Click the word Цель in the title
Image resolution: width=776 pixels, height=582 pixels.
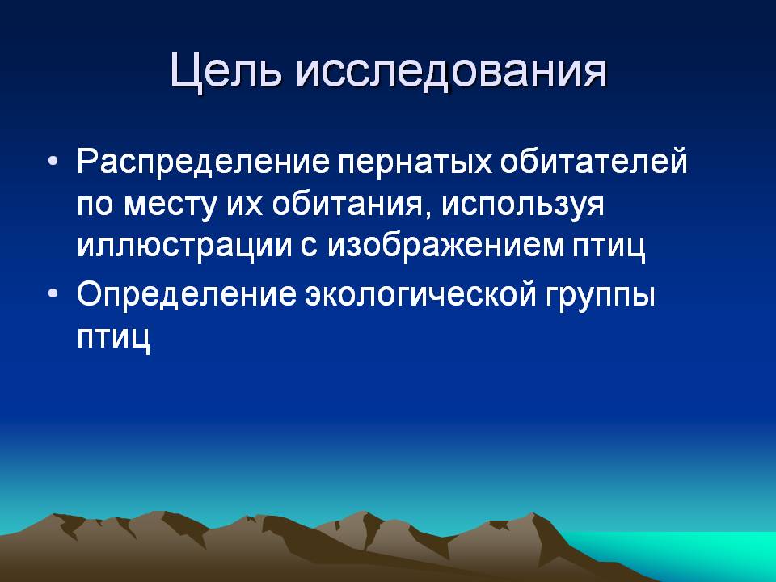tap(226, 70)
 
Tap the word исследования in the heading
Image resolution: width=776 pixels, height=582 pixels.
tap(452, 72)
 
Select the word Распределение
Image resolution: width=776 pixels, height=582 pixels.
tap(204, 162)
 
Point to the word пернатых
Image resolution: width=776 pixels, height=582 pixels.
tap(415, 161)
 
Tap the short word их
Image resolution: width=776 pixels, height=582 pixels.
tap(244, 204)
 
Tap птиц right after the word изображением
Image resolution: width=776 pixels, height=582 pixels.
tap(609, 247)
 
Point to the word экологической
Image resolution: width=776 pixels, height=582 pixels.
tap(420, 294)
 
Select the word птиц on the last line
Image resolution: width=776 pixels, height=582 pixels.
tap(113, 338)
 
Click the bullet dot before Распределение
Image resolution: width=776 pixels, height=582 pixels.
tap(53, 162)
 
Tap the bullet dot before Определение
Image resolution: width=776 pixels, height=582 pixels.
tap(53, 293)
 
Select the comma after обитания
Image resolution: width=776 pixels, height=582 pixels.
tap(426, 214)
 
